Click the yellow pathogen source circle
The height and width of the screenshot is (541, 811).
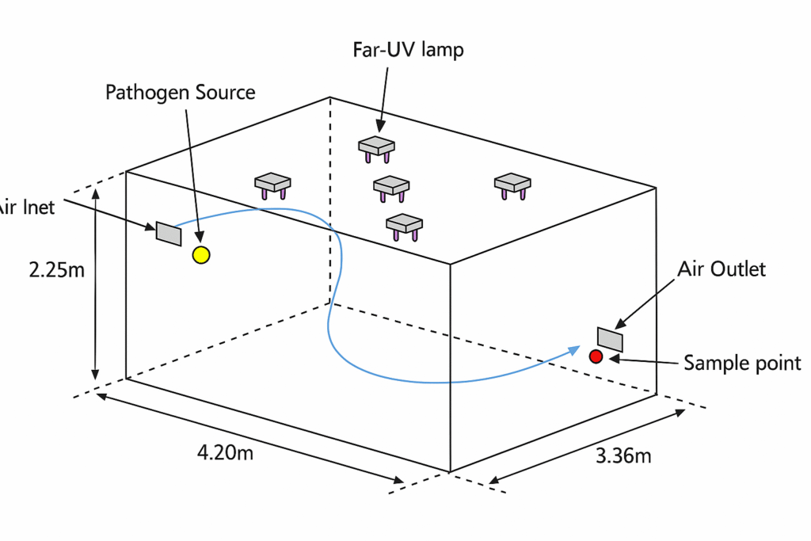tap(201, 254)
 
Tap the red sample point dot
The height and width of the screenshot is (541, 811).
tap(596, 356)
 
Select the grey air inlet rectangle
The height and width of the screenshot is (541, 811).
tap(169, 233)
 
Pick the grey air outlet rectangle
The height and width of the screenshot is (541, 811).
tap(611, 339)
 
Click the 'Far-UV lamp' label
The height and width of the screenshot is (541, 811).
tap(408, 50)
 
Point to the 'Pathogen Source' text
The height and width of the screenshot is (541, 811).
tap(181, 93)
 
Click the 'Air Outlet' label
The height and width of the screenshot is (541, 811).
tap(722, 269)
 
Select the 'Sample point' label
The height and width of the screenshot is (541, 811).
tap(742, 363)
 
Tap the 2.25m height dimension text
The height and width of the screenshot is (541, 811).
tap(56, 270)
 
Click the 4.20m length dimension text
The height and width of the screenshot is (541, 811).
tap(225, 454)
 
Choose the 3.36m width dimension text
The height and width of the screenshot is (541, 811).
tap(623, 456)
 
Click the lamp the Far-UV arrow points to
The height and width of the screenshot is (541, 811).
tap(376, 147)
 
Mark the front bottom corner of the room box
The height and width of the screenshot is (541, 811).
tap(450, 472)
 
